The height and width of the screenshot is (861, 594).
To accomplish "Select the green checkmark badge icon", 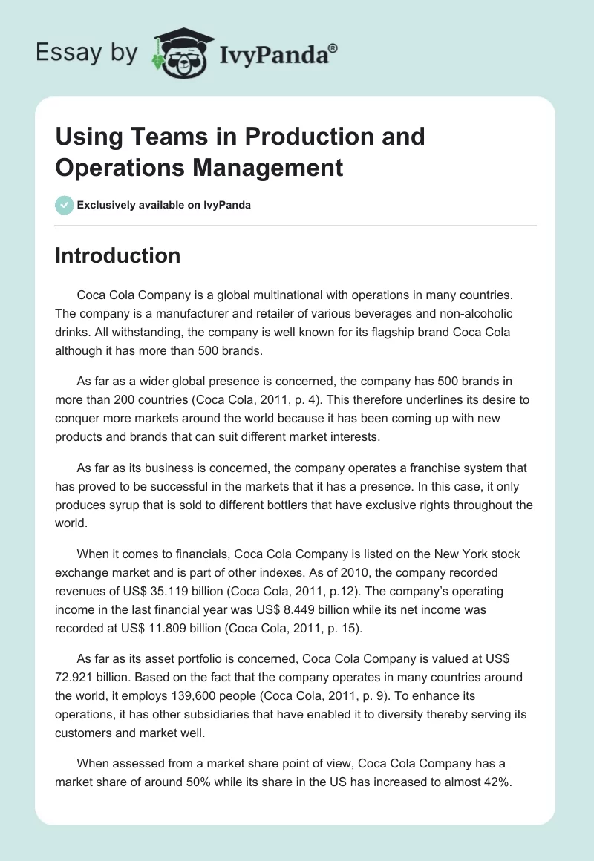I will click(65, 205).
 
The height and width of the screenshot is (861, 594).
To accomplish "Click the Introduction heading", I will click(118, 255).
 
